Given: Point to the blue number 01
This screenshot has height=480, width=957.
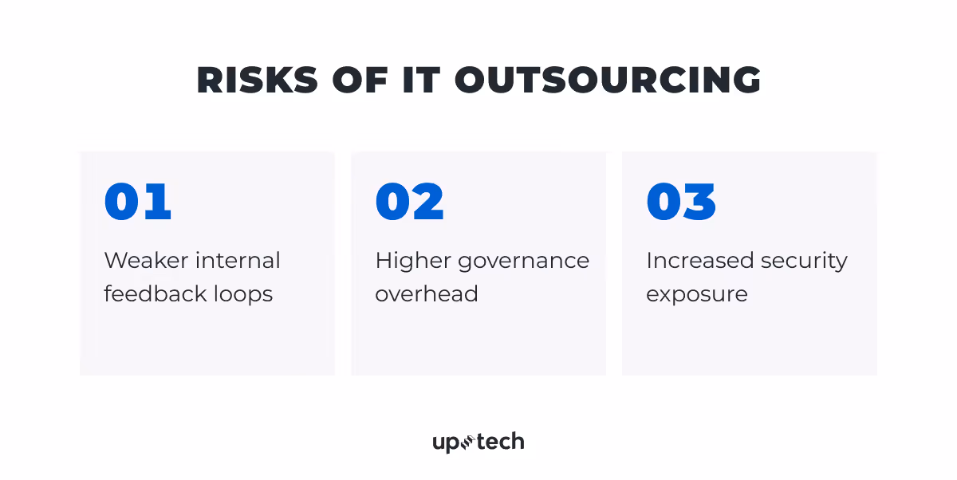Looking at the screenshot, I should [138, 202].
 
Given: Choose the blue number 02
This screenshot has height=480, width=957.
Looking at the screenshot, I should [410, 202].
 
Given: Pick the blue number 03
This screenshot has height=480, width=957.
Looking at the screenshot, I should [681, 202].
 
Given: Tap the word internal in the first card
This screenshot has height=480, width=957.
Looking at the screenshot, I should [238, 261].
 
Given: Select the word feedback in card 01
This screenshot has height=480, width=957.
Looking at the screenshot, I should [155, 294].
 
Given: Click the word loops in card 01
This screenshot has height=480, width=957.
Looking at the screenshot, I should [242, 294].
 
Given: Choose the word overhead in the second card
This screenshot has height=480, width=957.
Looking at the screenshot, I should [427, 294].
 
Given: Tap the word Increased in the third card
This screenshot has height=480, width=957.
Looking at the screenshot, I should [699, 261].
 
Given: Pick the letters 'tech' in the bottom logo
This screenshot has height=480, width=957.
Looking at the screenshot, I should [501, 441].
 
